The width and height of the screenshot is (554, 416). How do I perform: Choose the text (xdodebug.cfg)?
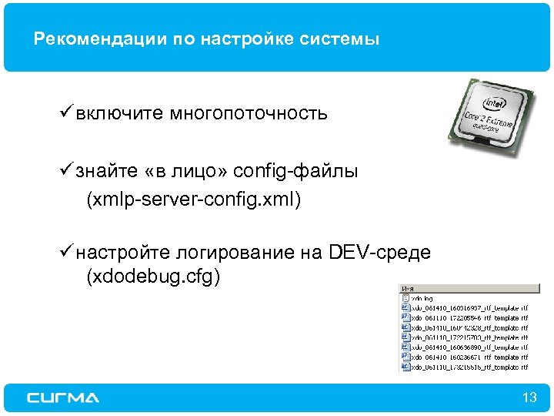point(153,277)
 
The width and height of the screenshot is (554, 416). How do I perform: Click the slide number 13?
point(529,398)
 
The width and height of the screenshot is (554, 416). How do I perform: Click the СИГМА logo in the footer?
point(63,398)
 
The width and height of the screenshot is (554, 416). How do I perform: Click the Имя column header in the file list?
point(407,288)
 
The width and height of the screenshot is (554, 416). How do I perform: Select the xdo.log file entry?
point(423,297)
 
